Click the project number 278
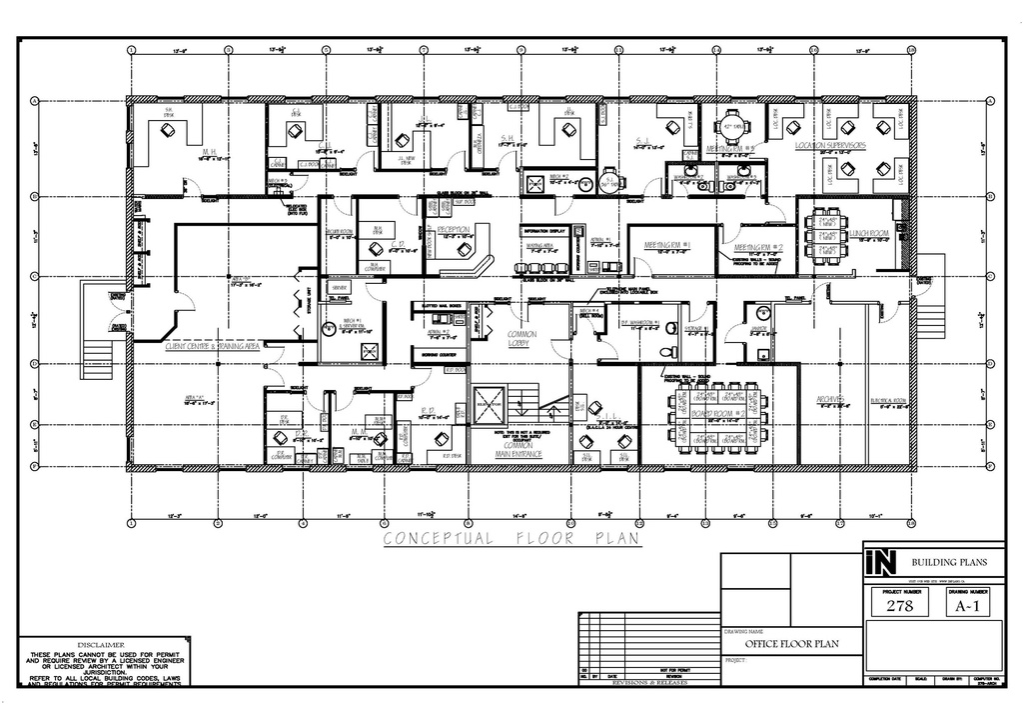(x=894, y=606)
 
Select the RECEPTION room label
(x=452, y=229)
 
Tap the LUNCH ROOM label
(x=869, y=234)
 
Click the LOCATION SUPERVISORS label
(x=830, y=146)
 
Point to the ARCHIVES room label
(x=833, y=400)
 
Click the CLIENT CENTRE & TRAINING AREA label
(x=212, y=345)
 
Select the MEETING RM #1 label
(x=672, y=242)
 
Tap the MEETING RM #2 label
(x=757, y=247)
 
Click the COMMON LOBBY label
(x=521, y=339)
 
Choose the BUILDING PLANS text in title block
(x=950, y=563)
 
